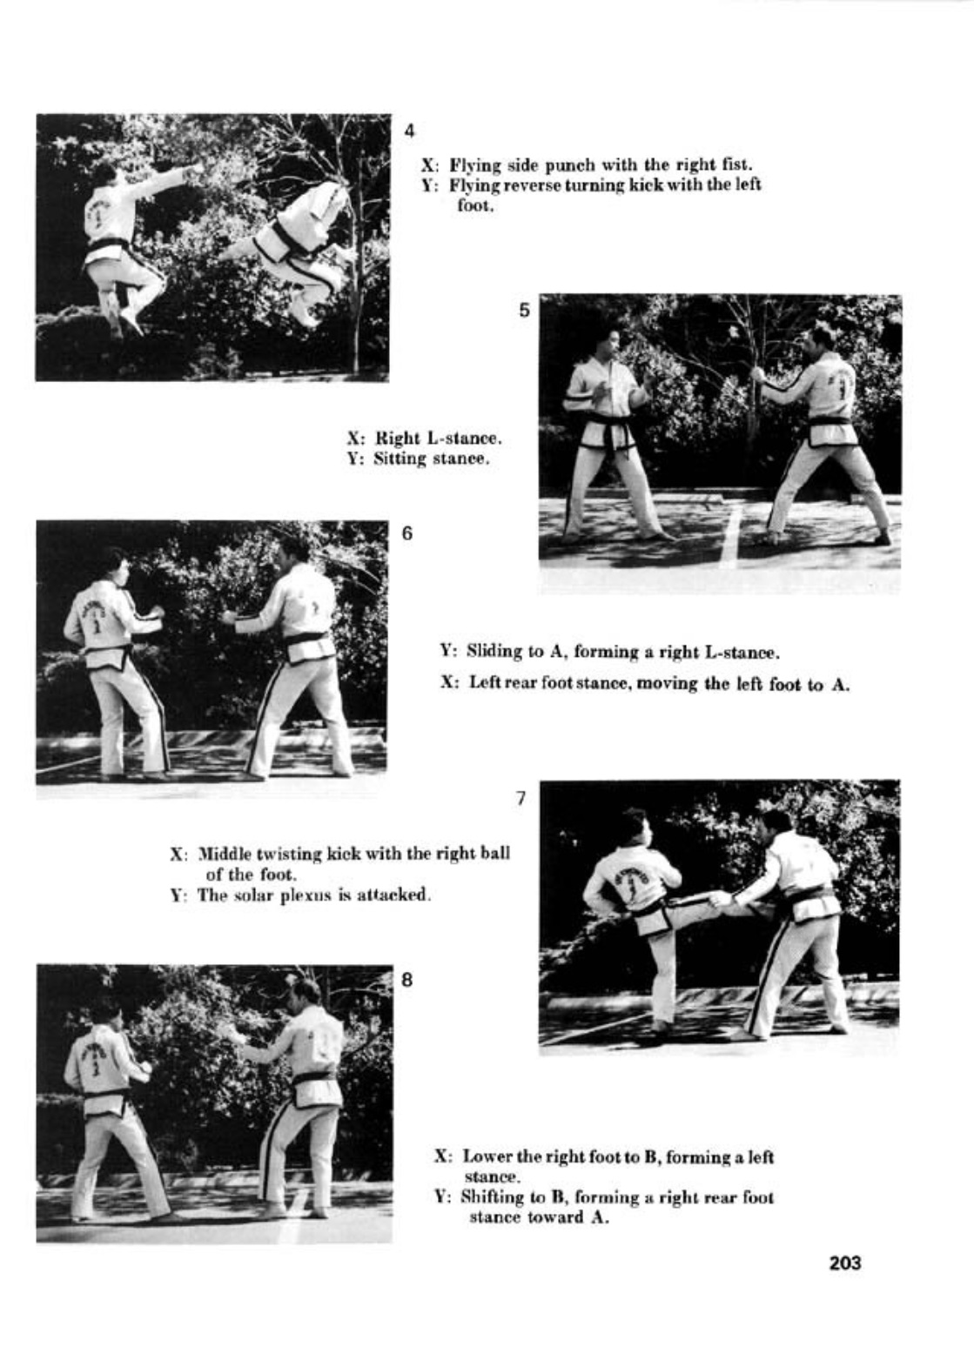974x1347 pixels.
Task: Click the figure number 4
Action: [x=409, y=131]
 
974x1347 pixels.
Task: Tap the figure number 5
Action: [x=525, y=311]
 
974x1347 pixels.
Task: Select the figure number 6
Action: [x=407, y=533]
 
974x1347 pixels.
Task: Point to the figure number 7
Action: [x=521, y=798]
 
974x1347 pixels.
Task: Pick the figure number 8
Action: [x=407, y=980]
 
